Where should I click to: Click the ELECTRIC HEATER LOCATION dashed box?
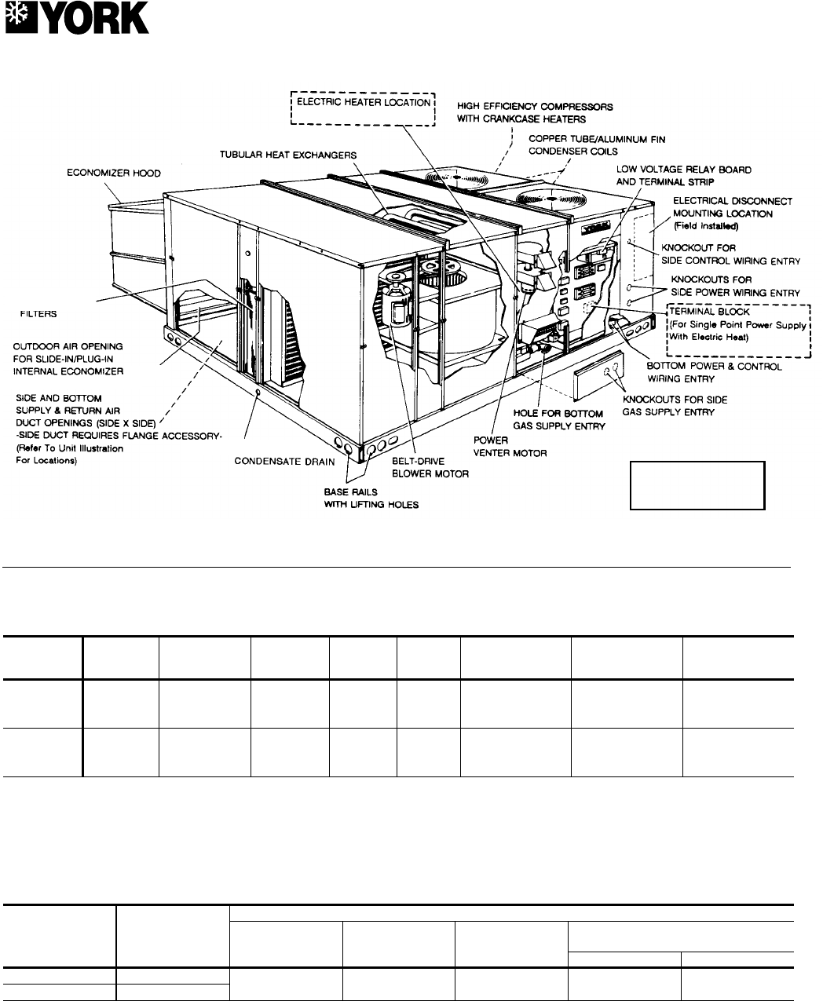click(362, 109)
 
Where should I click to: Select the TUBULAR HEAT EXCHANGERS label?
click(287, 155)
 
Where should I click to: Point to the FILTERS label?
click(38, 312)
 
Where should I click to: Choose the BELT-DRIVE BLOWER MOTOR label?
click(430, 468)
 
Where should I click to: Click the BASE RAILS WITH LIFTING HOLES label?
click(371, 499)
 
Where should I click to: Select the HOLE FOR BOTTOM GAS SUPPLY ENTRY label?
click(558, 419)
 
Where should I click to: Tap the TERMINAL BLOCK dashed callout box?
click(736, 331)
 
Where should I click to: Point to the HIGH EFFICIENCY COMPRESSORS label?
click(534, 112)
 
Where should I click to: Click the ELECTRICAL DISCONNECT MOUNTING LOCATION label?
click(732, 206)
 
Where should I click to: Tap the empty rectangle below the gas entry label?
click(697, 486)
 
